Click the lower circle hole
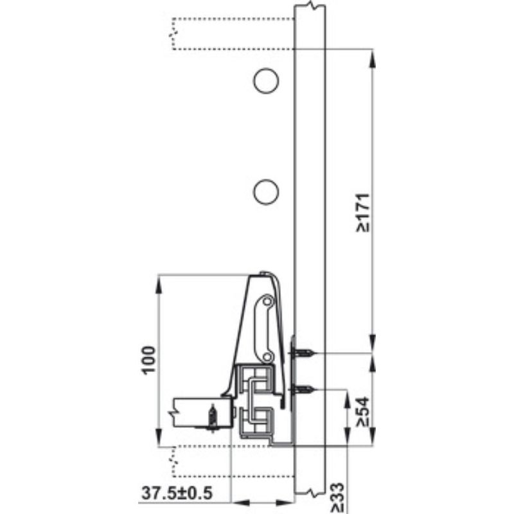coord(265,192)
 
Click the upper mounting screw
coord(304,353)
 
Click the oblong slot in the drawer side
coord(265,326)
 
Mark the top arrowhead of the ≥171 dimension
coord(373,54)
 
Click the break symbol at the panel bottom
coord(311,493)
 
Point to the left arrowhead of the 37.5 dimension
coord(235,501)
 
